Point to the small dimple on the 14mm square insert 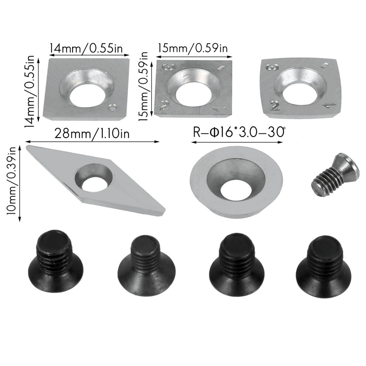(112, 108)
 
